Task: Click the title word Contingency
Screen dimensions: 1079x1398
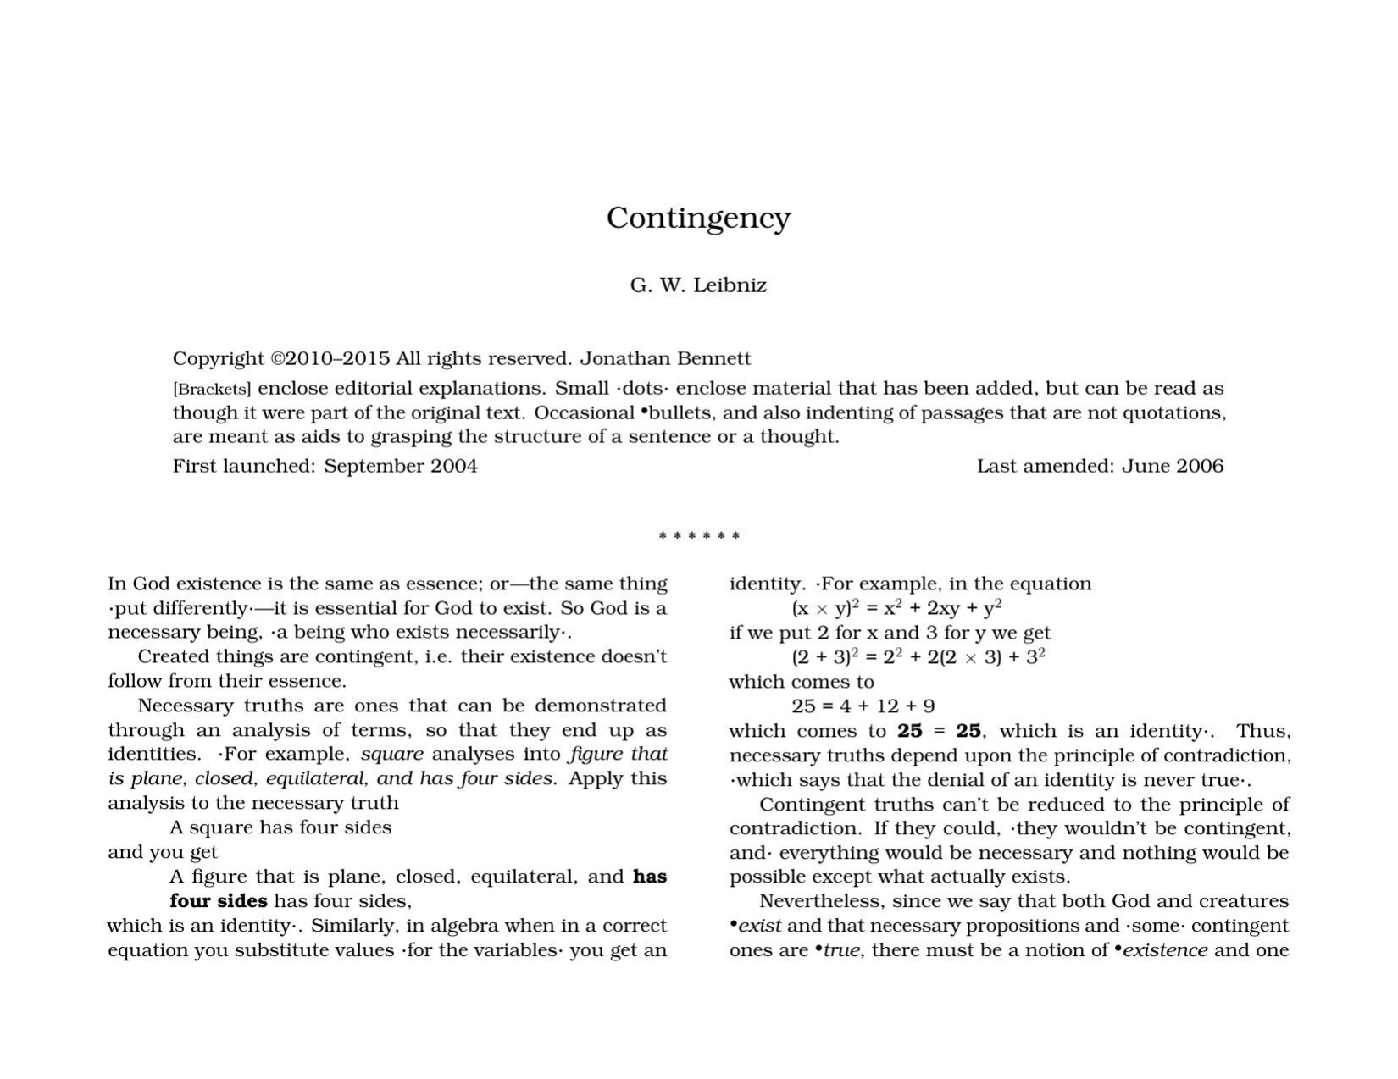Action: [x=698, y=219]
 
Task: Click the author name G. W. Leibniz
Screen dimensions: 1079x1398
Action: [x=698, y=285]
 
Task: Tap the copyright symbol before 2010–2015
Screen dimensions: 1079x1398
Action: [x=278, y=359]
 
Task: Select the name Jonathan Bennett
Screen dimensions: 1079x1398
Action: [x=665, y=359]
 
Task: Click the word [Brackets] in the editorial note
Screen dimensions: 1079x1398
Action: [x=212, y=390]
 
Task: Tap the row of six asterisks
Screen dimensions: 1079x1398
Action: [x=699, y=536]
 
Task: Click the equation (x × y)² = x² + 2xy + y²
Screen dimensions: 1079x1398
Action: [x=896, y=608]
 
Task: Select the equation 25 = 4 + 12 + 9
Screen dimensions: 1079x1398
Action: [x=863, y=706]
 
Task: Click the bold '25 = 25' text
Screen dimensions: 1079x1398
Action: [x=939, y=731]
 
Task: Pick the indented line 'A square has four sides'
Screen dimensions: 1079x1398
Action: [x=280, y=827]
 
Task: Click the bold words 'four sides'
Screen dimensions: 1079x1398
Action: [x=219, y=901]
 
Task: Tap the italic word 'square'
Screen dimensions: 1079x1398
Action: [x=391, y=754]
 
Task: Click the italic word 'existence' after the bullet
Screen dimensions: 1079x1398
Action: [x=1165, y=950]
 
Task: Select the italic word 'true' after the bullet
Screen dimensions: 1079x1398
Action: [x=842, y=950]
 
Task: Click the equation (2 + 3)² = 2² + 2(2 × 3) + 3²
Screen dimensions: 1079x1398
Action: [x=918, y=657]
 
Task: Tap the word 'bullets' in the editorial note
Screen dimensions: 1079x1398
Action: [x=679, y=413]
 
